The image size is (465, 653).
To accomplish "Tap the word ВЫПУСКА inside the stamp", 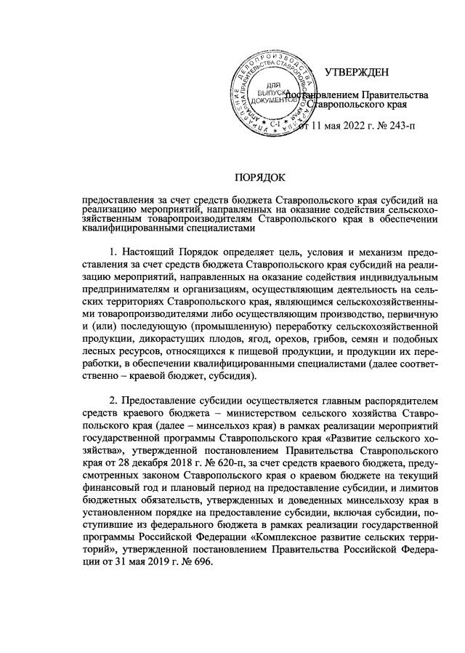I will pos(268,94).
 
